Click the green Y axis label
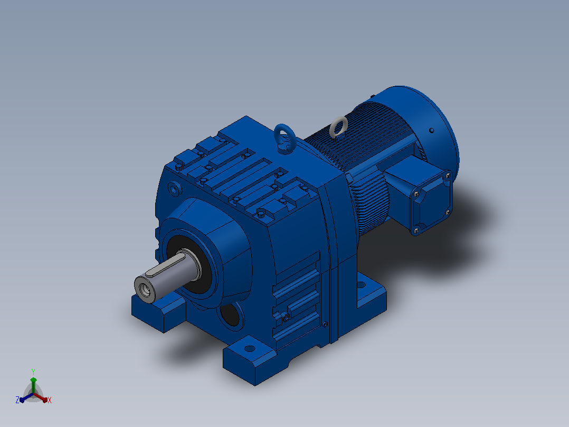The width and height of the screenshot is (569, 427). point(33,372)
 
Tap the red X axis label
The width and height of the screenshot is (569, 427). point(50,400)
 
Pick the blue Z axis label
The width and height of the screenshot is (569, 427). point(17,400)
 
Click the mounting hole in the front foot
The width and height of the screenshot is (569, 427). point(250,349)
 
